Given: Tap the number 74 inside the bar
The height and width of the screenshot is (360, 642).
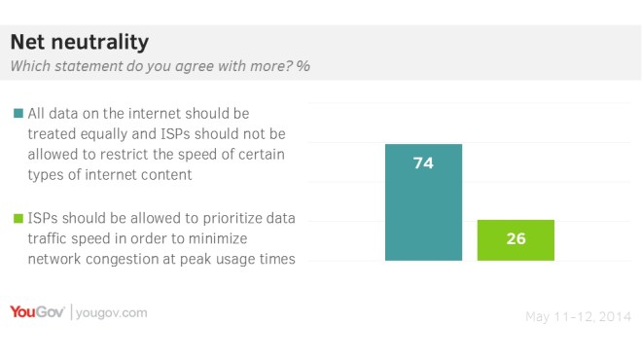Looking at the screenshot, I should pos(423,163).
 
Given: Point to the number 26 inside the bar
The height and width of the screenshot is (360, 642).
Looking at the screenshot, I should pos(516,239).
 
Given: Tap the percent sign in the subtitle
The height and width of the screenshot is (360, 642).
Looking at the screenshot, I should pos(303,67).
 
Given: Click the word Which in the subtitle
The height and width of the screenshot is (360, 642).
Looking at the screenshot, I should pos(30,67).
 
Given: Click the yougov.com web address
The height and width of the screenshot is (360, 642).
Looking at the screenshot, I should pos(112,312).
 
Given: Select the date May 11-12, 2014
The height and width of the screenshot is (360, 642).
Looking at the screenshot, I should pos(578,316).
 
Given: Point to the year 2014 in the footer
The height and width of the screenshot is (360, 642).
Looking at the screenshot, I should pos(615,316).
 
